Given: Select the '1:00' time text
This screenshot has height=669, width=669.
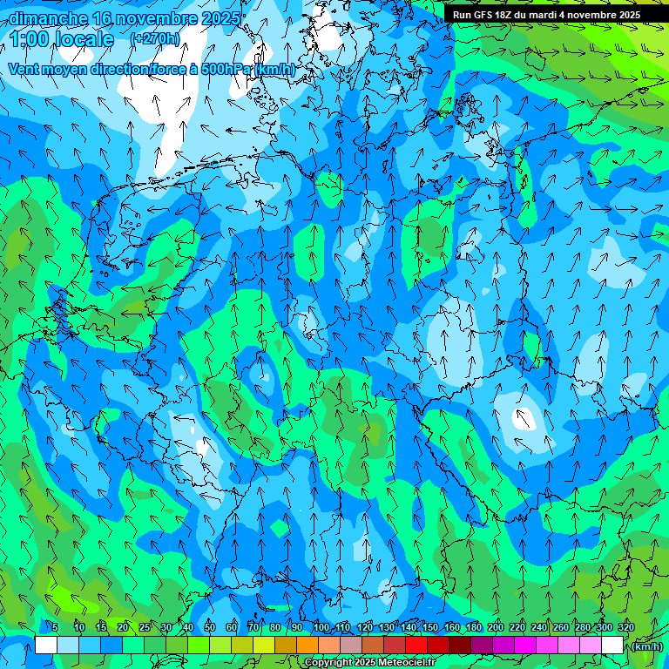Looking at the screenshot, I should pos(31,39).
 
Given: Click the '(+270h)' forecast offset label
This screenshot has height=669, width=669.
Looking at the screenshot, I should pos(155,38).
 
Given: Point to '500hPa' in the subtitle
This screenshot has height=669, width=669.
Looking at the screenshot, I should pos(226,70).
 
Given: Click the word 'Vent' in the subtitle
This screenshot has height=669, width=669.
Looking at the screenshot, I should pos(26,70).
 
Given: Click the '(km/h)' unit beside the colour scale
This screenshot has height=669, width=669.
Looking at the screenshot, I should pos(645,645).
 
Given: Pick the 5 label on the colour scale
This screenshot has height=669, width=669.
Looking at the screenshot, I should pos(55,627).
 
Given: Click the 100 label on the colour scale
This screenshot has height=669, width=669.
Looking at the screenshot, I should pos(321,627).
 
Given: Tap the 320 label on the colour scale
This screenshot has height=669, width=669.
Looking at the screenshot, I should pos(626,627).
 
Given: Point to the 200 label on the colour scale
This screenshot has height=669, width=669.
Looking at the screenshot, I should pos(496,627).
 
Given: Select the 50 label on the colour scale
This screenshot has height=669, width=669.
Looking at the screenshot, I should pos(210,627).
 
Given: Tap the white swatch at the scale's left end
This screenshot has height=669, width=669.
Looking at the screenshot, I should pos(46,645).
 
